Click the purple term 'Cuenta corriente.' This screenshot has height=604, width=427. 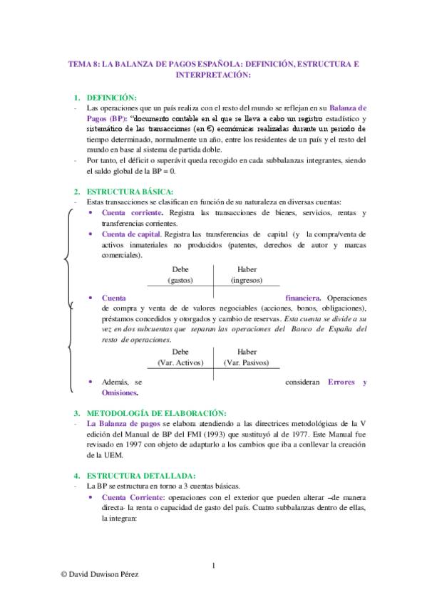(x=133, y=213)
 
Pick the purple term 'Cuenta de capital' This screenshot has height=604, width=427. (x=131, y=234)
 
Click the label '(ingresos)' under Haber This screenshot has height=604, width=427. (x=247, y=280)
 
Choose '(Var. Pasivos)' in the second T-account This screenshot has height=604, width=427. (x=247, y=363)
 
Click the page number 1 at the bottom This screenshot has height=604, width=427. (x=213, y=566)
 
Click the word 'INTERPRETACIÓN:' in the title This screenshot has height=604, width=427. (x=213, y=74)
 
